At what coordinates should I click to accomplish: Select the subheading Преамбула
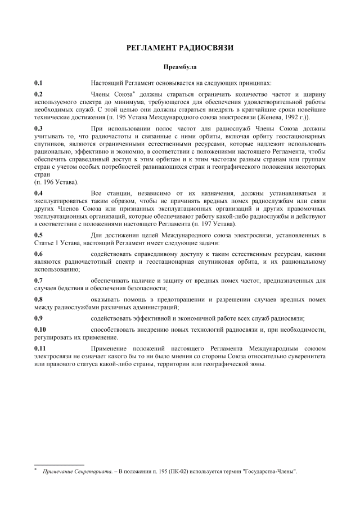coord(179,66)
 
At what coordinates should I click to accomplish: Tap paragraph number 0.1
coord(38,82)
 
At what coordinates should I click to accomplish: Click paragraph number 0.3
coord(38,129)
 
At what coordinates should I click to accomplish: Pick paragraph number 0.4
coord(38,193)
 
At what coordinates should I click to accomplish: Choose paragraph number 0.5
coord(38,235)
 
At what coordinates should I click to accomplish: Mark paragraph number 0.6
coord(38,255)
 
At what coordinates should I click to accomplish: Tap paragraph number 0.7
coord(38,281)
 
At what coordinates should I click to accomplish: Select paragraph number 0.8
coord(38,300)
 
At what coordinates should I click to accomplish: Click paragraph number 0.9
coord(38,319)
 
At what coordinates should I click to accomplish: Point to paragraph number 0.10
coord(40,330)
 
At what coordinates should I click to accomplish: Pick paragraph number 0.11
coord(40,349)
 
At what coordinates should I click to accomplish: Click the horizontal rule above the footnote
coord(59,465)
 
